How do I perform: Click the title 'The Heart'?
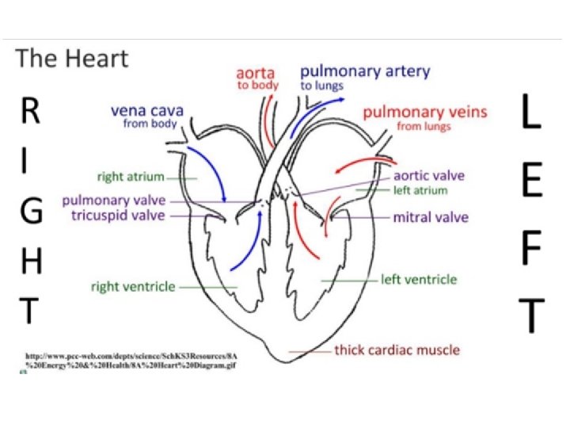click(x=72, y=59)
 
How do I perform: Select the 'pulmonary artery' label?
click(x=365, y=71)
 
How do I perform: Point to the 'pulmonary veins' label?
click(x=425, y=112)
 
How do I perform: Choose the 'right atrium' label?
click(x=131, y=177)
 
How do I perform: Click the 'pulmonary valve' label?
click(x=114, y=200)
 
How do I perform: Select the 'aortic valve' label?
click(x=429, y=176)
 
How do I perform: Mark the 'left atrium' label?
click(x=420, y=190)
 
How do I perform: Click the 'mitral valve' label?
click(x=431, y=217)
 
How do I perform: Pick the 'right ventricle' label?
click(x=133, y=286)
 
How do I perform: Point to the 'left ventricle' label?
click(x=419, y=280)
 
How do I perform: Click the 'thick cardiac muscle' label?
click(x=397, y=350)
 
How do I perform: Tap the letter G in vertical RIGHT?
click(x=29, y=212)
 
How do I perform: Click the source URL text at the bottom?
click(x=131, y=361)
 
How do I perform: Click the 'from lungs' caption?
click(x=424, y=126)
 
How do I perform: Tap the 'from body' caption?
click(x=153, y=124)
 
